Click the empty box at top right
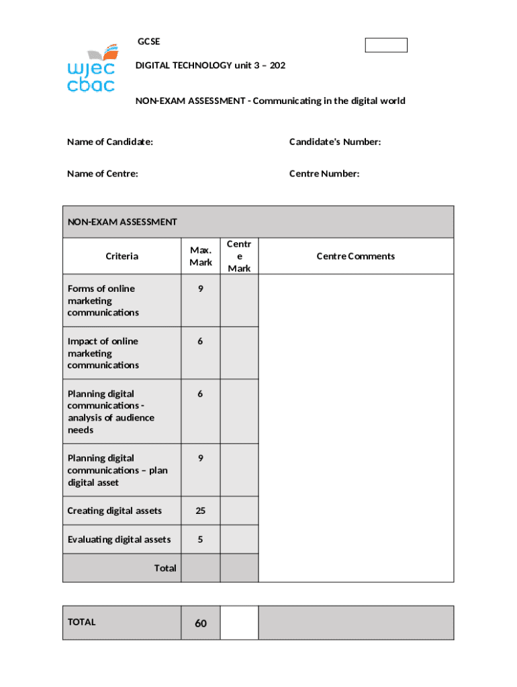(x=386, y=46)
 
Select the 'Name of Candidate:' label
(x=110, y=142)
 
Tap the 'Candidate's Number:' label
(x=335, y=142)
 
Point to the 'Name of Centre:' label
(x=103, y=174)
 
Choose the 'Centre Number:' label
(x=324, y=174)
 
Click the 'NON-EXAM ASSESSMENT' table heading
(x=122, y=222)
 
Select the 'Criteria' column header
(x=122, y=256)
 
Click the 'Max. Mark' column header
(x=200, y=256)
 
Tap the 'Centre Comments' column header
(x=356, y=256)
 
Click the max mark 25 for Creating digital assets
(x=200, y=511)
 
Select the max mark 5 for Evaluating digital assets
(x=200, y=539)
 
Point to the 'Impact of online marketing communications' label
(x=103, y=353)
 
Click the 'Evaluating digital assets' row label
(x=119, y=539)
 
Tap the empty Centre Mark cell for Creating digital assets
(x=239, y=511)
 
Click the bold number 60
(x=201, y=623)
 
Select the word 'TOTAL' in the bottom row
(x=82, y=622)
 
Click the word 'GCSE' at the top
(x=148, y=42)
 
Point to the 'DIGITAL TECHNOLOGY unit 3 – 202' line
(x=211, y=66)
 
